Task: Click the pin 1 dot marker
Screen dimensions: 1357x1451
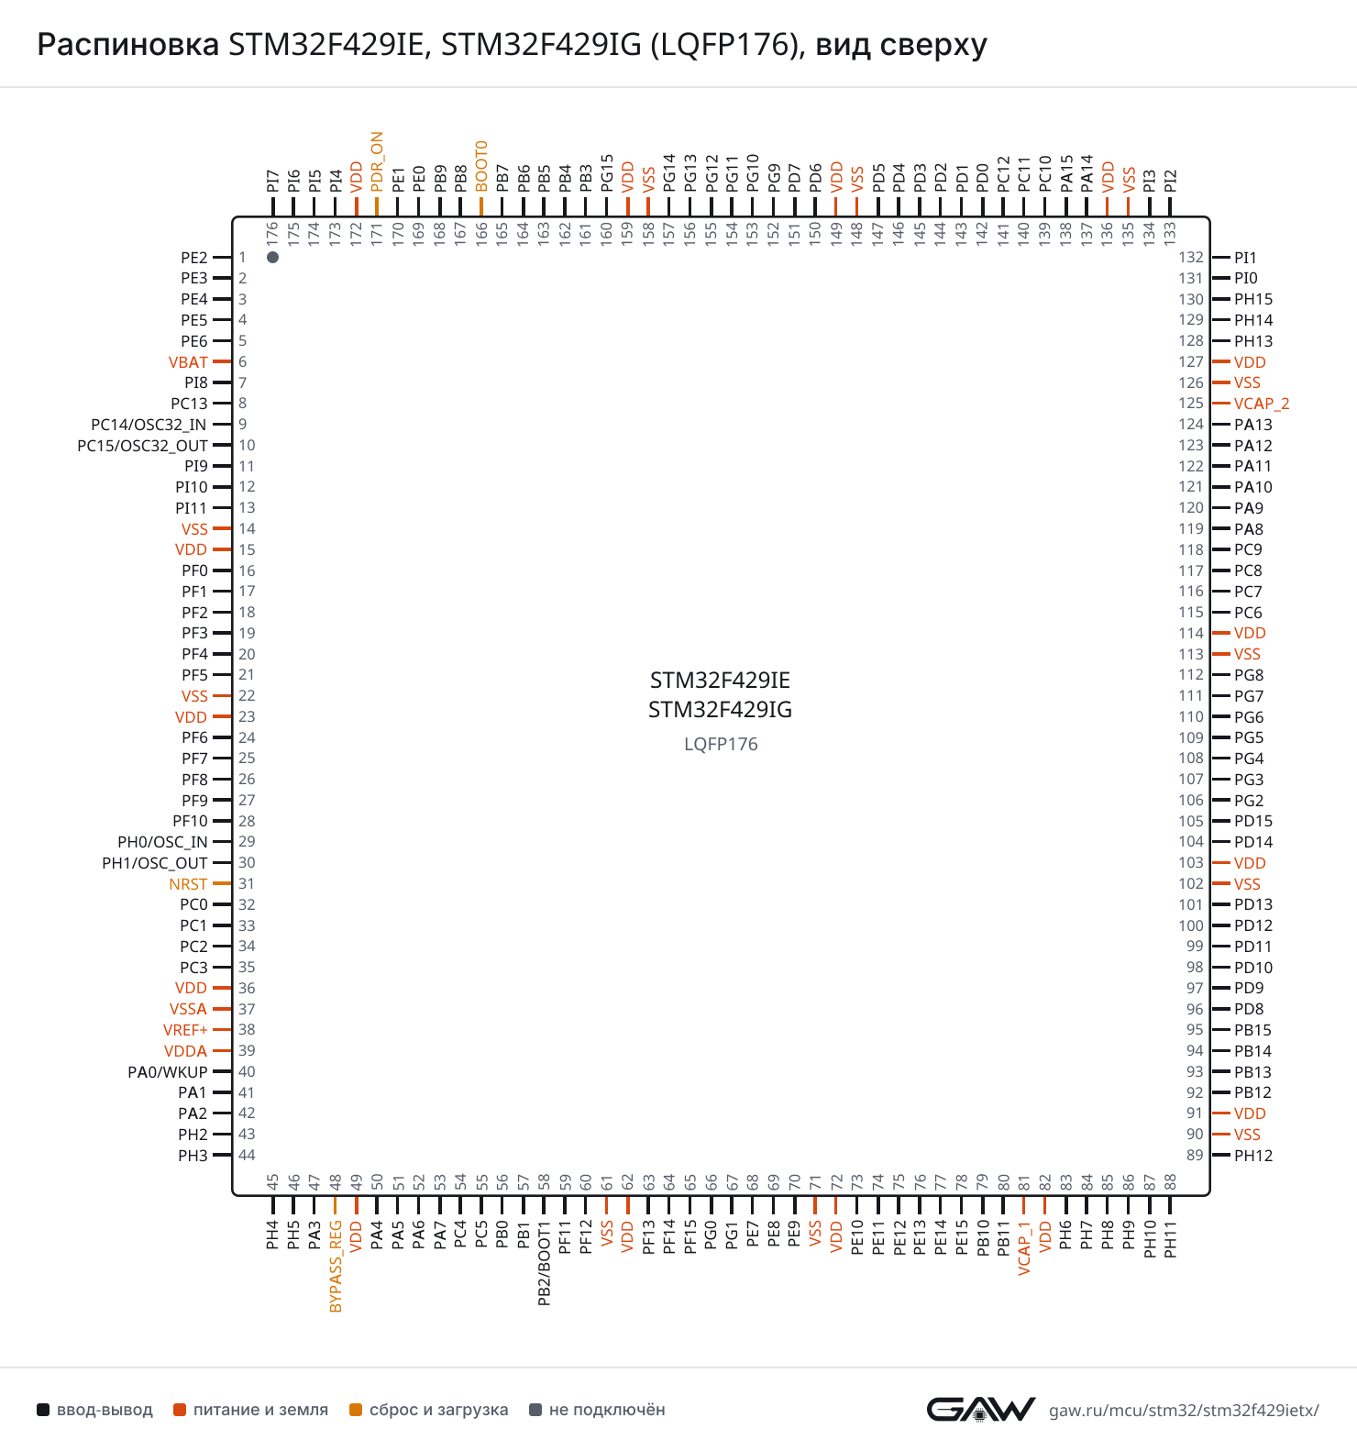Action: click(x=272, y=257)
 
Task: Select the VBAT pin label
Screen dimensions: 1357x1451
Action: click(x=188, y=362)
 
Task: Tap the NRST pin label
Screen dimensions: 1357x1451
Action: click(x=188, y=884)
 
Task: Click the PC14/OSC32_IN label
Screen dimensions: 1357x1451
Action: click(x=149, y=425)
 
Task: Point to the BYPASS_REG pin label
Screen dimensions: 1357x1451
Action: click(x=336, y=1266)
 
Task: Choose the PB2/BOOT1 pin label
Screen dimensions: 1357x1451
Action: click(x=545, y=1263)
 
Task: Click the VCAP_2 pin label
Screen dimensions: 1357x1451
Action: click(x=1262, y=404)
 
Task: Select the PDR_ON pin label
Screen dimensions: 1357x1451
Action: click(x=377, y=161)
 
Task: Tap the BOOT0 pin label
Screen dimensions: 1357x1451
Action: click(x=481, y=166)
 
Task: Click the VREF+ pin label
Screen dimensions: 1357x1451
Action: click(x=185, y=1030)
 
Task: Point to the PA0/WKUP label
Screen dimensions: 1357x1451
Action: click(x=168, y=1072)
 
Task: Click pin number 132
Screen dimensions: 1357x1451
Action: click(x=1191, y=258)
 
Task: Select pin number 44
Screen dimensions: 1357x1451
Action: click(x=247, y=1156)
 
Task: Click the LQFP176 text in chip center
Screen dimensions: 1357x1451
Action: click(x=721, y=744)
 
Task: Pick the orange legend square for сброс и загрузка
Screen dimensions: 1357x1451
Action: click(x=356, y=1410)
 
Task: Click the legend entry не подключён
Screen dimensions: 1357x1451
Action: click(x=598, y=1410)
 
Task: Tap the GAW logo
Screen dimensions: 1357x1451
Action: click(x=981, y=1409)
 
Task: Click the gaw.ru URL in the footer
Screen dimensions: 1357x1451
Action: click(x=1184, y=1411)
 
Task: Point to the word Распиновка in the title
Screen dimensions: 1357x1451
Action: click(x=127, y=44)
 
